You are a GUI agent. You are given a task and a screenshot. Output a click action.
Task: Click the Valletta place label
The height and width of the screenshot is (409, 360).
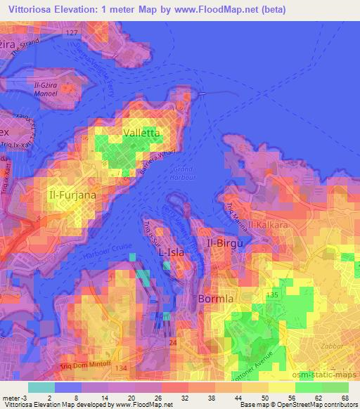pyautogui.click(x=141, y=132)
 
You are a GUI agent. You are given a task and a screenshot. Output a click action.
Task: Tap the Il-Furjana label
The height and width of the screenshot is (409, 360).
pyautogui.click(x=72, y=193)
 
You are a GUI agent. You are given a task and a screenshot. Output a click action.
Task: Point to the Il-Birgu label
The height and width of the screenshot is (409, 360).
pyautogui.click(x=226, y=243)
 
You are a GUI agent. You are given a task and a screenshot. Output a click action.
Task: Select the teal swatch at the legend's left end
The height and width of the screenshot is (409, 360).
pyautogui.click(x=41, y=387)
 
